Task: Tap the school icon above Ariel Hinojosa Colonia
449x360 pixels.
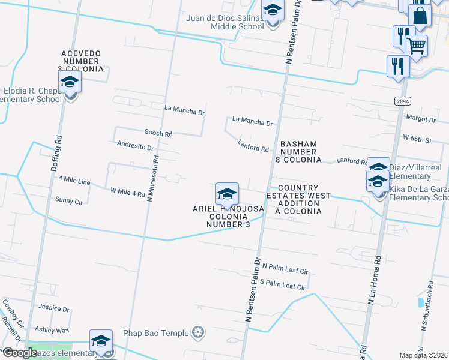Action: (x=227, y=193)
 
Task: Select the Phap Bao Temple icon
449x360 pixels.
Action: (x=198, y=332)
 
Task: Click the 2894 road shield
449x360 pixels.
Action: (x=403, y=101)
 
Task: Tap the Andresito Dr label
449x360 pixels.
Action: (x=136, y=146)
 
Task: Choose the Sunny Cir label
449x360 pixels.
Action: (x=68, y=199)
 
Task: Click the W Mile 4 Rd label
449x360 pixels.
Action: (x=128, y=193)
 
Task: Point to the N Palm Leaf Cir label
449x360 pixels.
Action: (x=285, y=271)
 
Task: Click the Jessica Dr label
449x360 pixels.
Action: (x=53, y=308)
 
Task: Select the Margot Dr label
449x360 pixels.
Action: (x=420, y=118)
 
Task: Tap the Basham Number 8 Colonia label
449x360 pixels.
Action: (x=298, y=152)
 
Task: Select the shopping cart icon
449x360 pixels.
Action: (x=416, y=44)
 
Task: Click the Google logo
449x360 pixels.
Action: (x=19, y=353)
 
